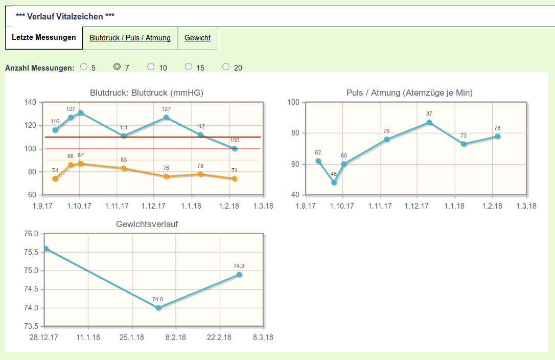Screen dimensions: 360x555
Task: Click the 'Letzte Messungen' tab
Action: coord(44,37)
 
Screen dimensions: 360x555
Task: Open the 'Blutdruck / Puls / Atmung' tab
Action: coord(130,38)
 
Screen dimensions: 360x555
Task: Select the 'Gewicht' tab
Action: coord(197,38)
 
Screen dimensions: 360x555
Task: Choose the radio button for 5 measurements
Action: coord(84,66)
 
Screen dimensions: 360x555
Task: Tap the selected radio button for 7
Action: coord(117,66)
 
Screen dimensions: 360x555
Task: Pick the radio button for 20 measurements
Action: coord(226,66)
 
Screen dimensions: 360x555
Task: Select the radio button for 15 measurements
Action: coord(189,66)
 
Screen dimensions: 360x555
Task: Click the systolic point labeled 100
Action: coord(235,149)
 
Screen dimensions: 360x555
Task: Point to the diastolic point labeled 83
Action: coord(124,168)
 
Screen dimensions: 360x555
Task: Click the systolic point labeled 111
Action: coord(124,136)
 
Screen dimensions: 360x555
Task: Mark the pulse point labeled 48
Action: coord(334,183)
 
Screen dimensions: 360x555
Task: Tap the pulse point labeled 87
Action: coord(429,122)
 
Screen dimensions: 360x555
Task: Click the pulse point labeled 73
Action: coord(464,144)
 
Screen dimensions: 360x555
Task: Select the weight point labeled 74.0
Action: coord(158,308)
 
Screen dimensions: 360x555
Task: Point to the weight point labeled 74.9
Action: coord(239,275)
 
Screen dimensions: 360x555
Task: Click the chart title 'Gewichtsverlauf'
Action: coord(147,224)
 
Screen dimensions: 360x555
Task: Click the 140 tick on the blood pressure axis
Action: coord(30,102)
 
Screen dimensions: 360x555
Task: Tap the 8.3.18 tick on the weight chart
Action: coord(263,337)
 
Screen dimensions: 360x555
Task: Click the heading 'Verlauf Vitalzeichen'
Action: coord(65,16)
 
